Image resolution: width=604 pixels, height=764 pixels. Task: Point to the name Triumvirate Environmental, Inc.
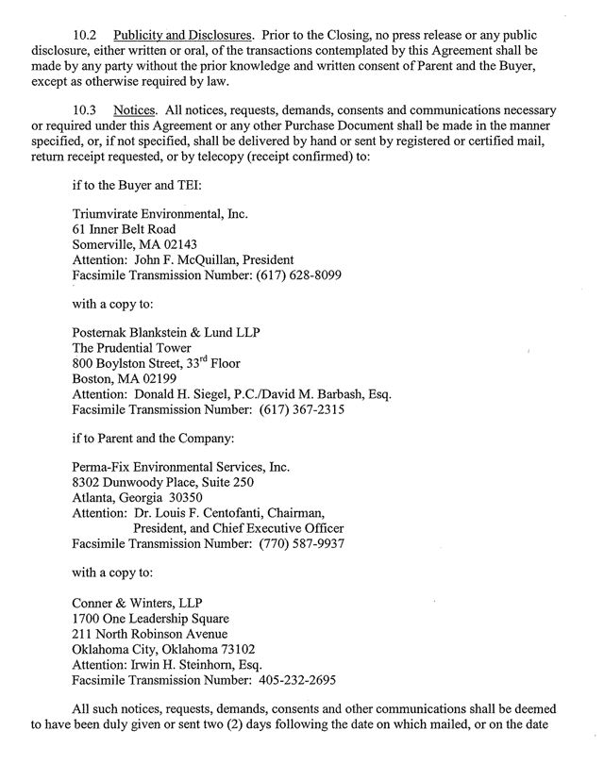click(159, 215)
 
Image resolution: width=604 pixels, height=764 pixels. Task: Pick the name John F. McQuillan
click(195, 259)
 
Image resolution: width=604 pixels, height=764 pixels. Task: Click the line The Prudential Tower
click(130, 349)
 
